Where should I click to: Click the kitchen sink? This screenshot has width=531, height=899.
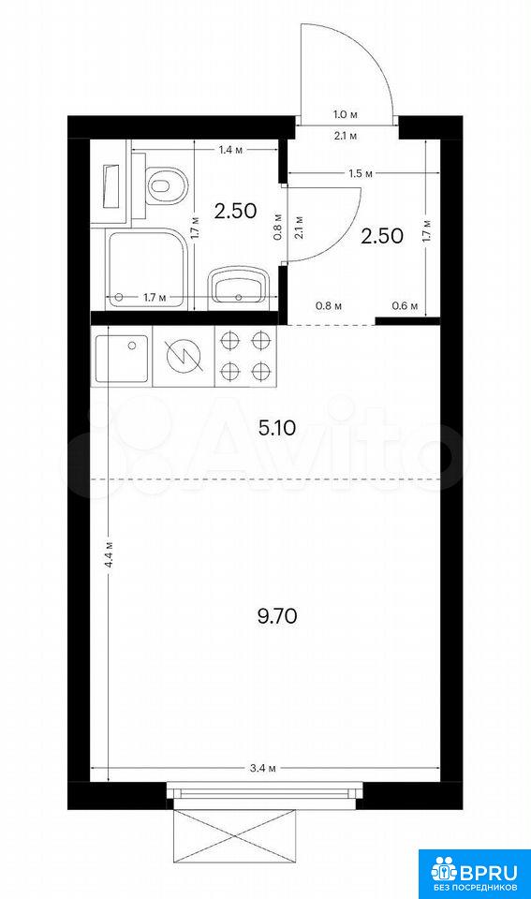click(x=122, y=358)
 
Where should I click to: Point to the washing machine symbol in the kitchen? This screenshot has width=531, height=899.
click(x=184, y=356)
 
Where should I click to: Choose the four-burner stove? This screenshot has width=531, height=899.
click(x=245, y=356)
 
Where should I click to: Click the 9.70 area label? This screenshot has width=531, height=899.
click(x=277, y=617)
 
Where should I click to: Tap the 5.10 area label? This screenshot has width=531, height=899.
click(x=277, y=428)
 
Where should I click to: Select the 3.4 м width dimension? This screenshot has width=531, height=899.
click(x=264, y=769)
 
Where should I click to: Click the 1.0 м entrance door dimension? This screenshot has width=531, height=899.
click(x=346, y=114)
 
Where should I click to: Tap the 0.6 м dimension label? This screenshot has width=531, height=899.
click(x=405, y=306)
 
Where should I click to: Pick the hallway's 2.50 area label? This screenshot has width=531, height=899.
click(x=382, y=236)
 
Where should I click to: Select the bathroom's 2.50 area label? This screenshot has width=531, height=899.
click(x=235, y=211)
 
